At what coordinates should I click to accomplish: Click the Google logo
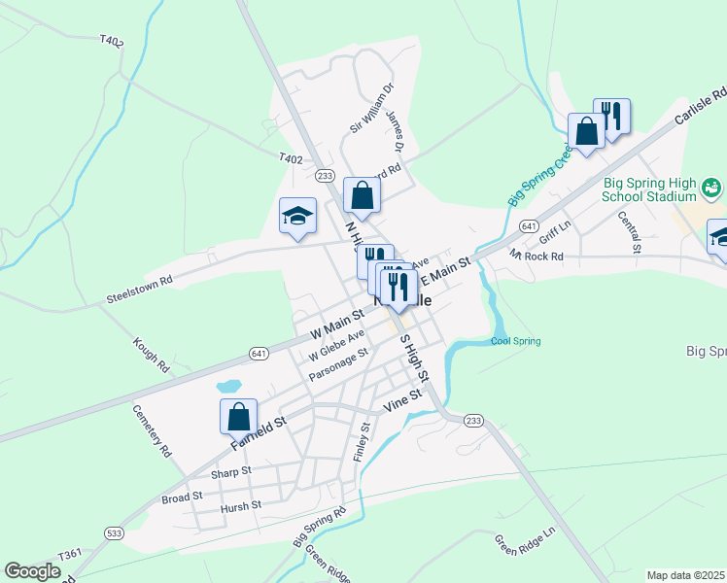pyautogui.click(x=33, y=571)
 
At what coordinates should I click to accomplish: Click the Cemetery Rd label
pyautogui.click(x=152, y=430)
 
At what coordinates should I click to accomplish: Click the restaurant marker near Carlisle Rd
pyautogui.click(x=612, y=115)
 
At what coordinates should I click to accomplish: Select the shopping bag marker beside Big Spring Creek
pyautogui.click(x=587, y=131)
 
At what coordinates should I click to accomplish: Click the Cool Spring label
pyautogui.click(x=515, y=341)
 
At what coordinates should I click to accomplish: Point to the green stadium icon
pyautogui.click(x=711, y=186)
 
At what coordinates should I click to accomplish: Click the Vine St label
pyautogui.click(x=403, y=396)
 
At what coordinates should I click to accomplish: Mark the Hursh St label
pyautogui.click(x=240, y=505)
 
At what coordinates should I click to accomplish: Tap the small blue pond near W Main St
pyautogui.click(x=229, y=386)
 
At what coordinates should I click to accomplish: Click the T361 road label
pyautogui.click(x=70, y=554)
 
